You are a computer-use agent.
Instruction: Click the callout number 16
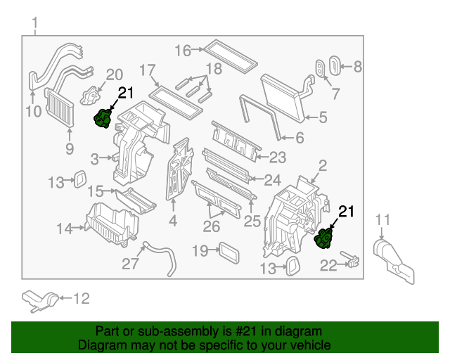(x=182, y=50)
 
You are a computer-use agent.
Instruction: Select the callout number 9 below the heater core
(x=69, y=148)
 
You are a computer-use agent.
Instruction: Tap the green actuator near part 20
(x=103, y=118)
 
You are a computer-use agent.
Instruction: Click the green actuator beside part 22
(x=325, y=238)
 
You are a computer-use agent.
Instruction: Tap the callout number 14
(x=65, y=227)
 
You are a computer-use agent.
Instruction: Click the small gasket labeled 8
(x=335, y=68)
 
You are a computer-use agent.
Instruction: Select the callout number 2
(x=323, y=166)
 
